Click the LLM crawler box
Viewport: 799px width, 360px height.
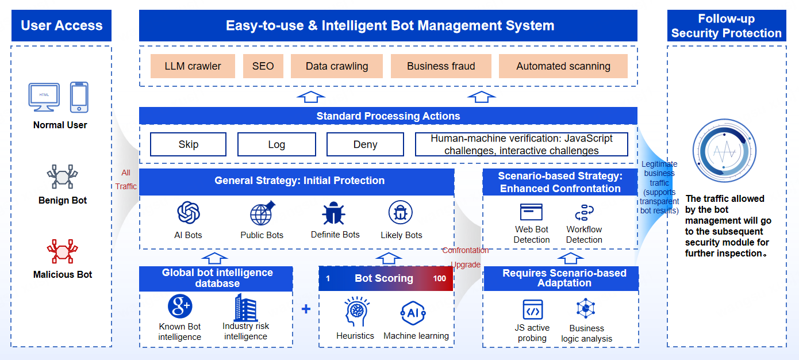[x=193, y=66]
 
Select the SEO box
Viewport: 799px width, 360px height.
[x=263, y=66]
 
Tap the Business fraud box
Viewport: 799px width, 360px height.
[x=441, y=66]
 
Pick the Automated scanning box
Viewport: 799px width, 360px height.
[x=563, y=66]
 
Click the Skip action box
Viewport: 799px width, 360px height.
[x=188, y=144]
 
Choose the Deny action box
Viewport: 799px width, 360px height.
[x=365, y=144]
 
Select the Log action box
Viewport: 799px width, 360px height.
[x=276, y=144]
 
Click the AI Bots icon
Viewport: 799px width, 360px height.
[x=188, y=213]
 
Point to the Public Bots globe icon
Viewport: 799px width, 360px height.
[x=262, y=213]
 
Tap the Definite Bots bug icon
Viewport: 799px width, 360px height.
[x=334, y=213]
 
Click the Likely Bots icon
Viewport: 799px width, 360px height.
[x=400, y=213]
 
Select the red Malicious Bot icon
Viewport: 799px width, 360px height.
[x=62, y=251]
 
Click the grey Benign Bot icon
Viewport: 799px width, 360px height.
[x=62, y=177]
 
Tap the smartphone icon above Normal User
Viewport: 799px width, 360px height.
[x=79, y=97]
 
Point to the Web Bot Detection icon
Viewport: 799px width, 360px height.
[x=531, y=212]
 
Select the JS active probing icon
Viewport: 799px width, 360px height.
[x=532, y=310]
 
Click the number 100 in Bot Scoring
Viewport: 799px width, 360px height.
[x=440, y=278]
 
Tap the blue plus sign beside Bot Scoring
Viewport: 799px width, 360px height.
[x=306, y=309]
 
